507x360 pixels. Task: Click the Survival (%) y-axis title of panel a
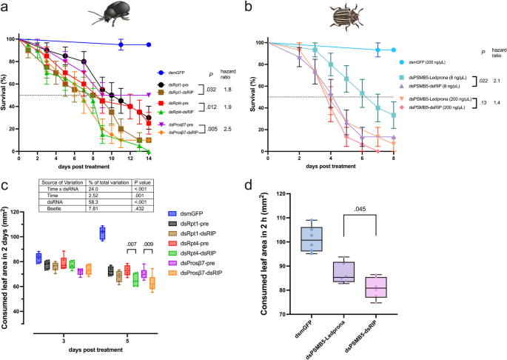coord(9,96)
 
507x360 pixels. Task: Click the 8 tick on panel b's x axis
coord(394,160)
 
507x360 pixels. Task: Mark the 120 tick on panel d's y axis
coord(286,195)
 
